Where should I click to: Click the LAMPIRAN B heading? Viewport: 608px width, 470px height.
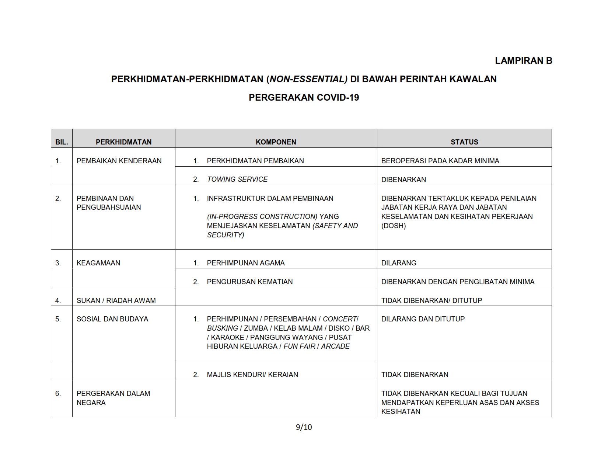(x=523, y=61)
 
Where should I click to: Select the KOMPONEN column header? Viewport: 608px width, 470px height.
(x=276, y=142)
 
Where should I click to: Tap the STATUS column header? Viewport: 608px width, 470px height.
(x=464, y=142)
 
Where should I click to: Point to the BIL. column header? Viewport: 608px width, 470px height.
(x=62, y=142)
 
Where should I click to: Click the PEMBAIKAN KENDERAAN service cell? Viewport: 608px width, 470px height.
(x=119, y=161)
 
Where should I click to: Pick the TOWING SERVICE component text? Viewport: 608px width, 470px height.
(x=237, y=180)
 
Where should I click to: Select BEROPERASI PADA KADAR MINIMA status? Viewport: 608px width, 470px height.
(x=440, y=161)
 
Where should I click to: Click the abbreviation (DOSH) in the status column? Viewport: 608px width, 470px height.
(x=394, y=226)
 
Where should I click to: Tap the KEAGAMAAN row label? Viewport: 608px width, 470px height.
(x=98, y=263)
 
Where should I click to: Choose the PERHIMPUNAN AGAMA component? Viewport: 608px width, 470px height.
(x=245, y=263)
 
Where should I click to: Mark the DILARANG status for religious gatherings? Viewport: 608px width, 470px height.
(x=399, y=263)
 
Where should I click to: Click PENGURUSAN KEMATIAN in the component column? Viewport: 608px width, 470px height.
(x=249, y=282)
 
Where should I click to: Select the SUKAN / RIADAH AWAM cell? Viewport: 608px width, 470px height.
(x=116, y=301)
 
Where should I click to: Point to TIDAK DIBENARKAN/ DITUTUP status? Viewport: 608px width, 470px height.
(x=431, y=301)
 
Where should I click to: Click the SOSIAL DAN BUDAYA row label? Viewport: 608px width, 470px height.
(x=112, y=319)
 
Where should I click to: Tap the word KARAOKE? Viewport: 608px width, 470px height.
(x=227, y=337)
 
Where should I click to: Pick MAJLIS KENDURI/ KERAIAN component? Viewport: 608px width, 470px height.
(x=252, y=375)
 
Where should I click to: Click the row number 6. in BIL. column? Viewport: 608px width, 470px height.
(x=58, y=394)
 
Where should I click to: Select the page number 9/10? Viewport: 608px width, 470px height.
(x=304, y=427)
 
